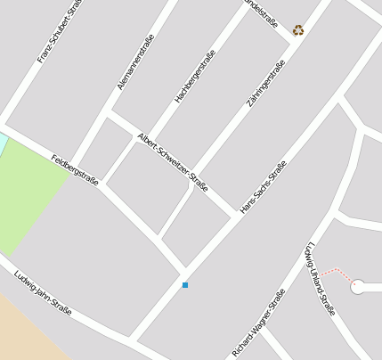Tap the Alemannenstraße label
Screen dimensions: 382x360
click(x=136, y=61)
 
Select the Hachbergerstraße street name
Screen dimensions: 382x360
click(x=195, y=76)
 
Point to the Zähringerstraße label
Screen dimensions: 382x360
click(x=265, y=91)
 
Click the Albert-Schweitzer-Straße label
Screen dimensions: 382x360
click(x=173, y=161)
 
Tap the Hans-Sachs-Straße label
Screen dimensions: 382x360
click(x=264, y=187)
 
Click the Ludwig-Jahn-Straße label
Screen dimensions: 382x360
click(x=43, y=292)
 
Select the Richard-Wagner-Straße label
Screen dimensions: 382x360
click(x=259, y=323)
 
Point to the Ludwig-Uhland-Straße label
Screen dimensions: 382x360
click(x=320, y=278)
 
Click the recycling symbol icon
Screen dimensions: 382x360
click(x=298, y=29)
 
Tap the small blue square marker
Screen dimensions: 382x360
click(x=185, y=285)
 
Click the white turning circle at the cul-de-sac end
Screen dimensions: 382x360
click(x=358, y=287)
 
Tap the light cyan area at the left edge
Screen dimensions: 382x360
click(x=3, y=143)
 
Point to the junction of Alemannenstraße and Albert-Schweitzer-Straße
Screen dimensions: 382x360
click(x=110, y=114)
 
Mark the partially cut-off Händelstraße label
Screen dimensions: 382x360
click(x=260, y=11)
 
